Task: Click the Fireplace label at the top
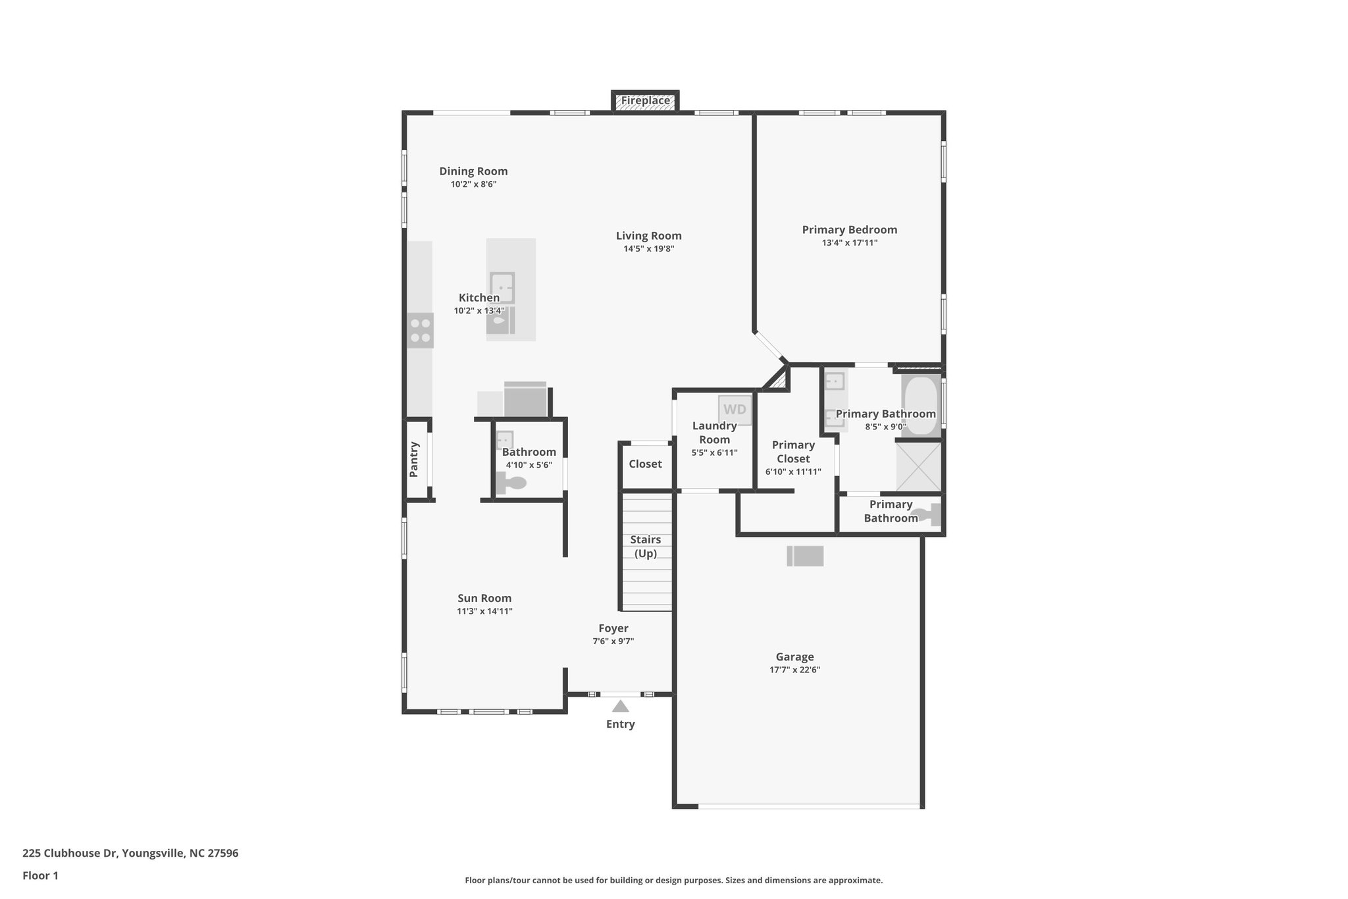[645, 101]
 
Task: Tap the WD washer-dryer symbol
[735, 410]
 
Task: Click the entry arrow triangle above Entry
[620, 707]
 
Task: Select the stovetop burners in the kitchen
[420, 331]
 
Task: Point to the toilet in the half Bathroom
[512, 483]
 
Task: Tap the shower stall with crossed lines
[918, 466]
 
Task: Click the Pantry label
[414, 459]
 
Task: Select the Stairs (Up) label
[645, 546]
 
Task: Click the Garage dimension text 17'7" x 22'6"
[794, 670]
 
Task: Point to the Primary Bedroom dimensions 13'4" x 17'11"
[849, 243]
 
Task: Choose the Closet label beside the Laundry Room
[645, 464]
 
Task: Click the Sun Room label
[484, 598]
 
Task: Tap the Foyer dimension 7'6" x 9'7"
[613, 641]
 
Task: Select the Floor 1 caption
[40, 876]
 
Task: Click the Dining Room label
[473, 171]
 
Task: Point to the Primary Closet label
[793, 452]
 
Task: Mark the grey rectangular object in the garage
[805, 556]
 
